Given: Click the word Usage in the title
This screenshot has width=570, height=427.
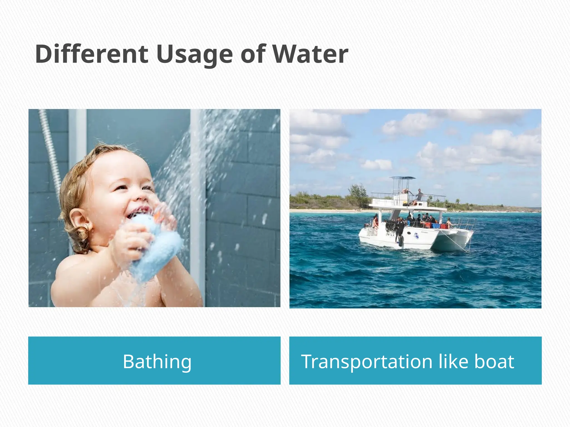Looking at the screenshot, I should coord(195,54).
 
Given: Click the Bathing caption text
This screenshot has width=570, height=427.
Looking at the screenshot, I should coord(157,361).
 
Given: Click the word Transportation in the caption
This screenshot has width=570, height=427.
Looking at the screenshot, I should coord(367,361).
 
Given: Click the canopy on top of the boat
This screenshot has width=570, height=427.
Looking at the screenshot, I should coord(402,178).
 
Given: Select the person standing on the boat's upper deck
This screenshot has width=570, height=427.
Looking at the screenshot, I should coord(419,196).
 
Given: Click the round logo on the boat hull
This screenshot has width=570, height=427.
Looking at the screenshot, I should coord(416,236).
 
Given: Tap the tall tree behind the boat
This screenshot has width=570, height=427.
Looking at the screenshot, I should coord(358,195).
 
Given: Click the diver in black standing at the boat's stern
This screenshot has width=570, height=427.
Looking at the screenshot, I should coord(400,229).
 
